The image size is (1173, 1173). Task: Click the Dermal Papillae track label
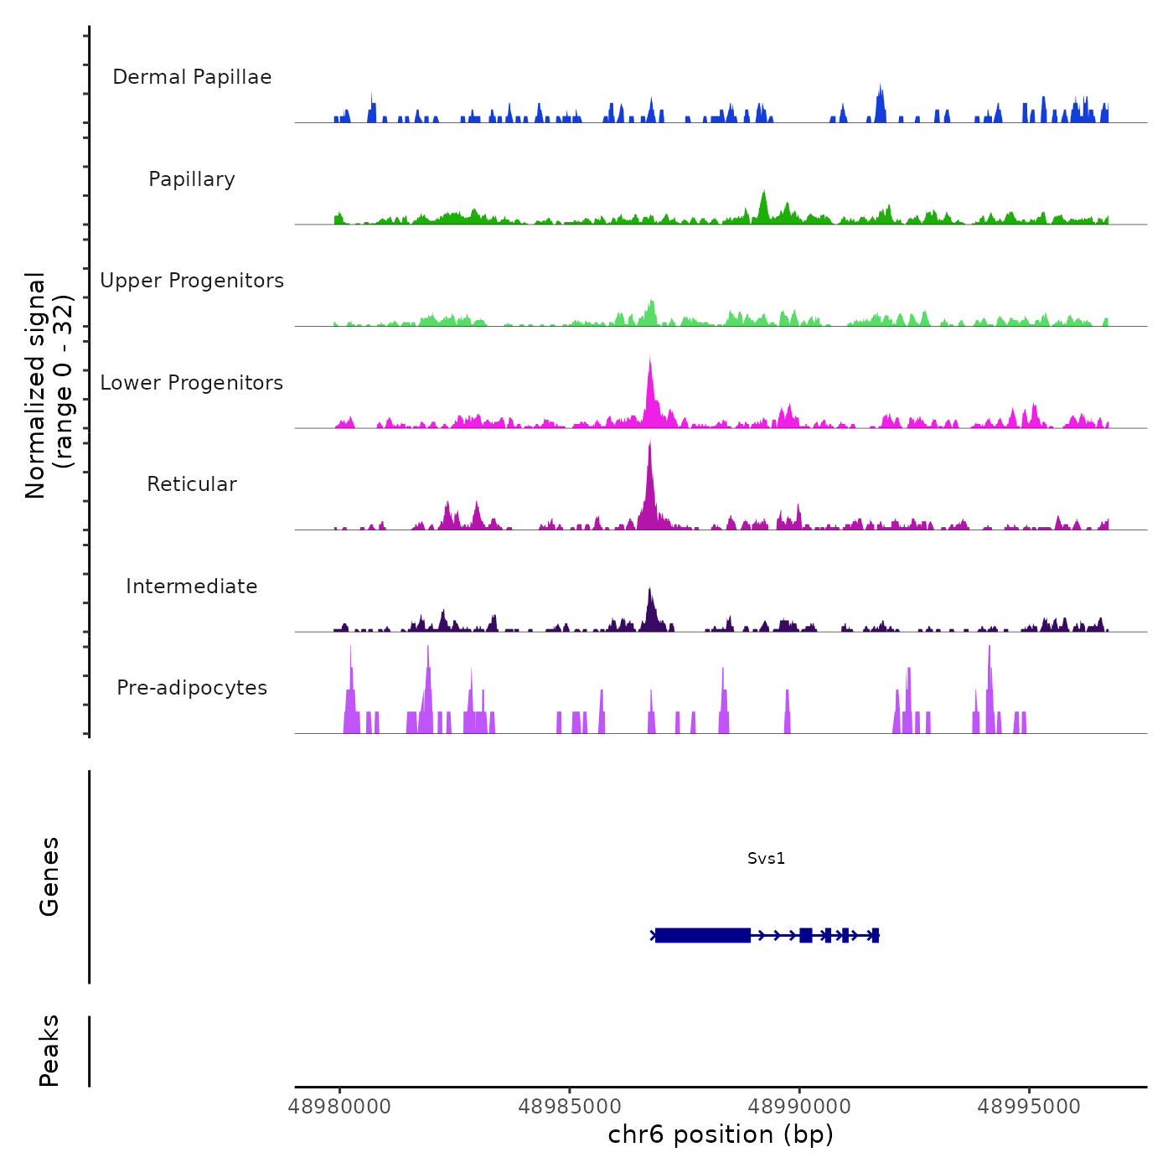[192, 77]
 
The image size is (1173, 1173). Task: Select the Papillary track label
[192, 179]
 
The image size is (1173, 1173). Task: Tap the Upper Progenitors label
[192, 281]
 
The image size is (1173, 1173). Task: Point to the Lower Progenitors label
[192, 383]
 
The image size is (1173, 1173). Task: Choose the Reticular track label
[192, 484]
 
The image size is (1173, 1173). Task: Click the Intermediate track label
[192, 586]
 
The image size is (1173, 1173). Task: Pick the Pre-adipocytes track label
[192, 688]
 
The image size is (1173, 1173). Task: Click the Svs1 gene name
[766, 858]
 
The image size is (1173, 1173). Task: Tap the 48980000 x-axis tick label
[339, 1107]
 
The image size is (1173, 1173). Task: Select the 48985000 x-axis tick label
[570, 1107]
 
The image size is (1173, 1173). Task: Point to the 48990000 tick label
[799, 1107]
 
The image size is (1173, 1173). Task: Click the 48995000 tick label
[1029, 1107]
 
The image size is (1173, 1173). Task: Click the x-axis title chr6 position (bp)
[721, 1134]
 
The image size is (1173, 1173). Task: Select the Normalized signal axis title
[49, 385]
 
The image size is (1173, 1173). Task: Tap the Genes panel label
[49, 876]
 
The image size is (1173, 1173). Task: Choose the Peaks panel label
[49, 1051]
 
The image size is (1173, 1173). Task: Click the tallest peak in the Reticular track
[649, 444]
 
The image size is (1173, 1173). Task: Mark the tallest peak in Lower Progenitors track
[649, 359]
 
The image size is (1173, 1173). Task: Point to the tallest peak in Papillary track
[763, 194]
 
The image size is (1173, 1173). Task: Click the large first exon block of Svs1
[702, 935]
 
